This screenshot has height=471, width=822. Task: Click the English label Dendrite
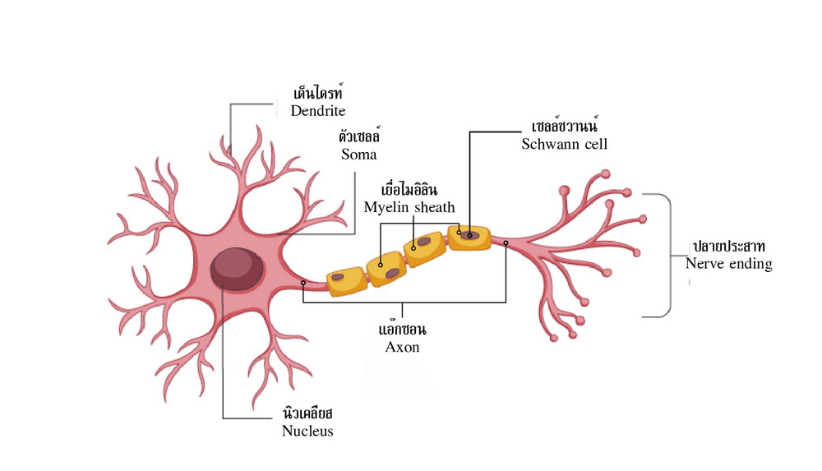[x=317, y=111]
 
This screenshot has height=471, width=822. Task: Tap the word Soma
[x=359, y=155]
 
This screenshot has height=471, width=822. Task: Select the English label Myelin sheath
[x=409, y=208]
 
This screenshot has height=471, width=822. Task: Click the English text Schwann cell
[x=564, y=144]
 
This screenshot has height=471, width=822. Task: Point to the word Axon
[x=402, y=347]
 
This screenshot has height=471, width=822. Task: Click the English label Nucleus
[x=307, y=431]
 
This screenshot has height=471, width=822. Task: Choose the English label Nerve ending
[x=728, y=263]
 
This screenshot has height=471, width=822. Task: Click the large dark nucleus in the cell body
[x=237, y=269]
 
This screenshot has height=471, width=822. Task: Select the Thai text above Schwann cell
[x=564, y=126]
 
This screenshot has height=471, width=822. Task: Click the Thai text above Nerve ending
[x=728, y=246]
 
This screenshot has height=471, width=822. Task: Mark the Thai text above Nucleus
[x=307, y=413]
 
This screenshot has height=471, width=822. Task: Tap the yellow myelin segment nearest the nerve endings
[x=469, y=238]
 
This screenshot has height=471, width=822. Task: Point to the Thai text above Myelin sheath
[x=409, y=189]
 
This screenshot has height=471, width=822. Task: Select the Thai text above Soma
[x=359, y=136]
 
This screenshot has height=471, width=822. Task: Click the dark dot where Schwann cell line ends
[x=470, y=235]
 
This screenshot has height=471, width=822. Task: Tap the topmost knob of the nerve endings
[x=606, y=173]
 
